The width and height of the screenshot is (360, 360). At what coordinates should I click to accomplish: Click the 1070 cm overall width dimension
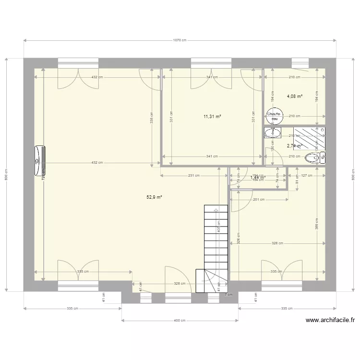180,40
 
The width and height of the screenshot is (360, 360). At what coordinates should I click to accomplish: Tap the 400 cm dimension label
180,320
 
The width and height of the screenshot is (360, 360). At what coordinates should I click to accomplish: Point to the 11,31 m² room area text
212,116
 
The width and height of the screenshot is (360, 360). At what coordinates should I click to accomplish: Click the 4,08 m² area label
295,96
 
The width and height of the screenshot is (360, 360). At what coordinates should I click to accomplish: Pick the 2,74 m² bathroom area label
294,146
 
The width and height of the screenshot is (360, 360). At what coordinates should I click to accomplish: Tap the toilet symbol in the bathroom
312,157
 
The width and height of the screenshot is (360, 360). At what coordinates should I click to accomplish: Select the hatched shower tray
306,138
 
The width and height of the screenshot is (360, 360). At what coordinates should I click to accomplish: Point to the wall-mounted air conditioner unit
39,161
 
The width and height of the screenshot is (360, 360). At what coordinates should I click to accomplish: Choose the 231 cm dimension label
193,175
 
